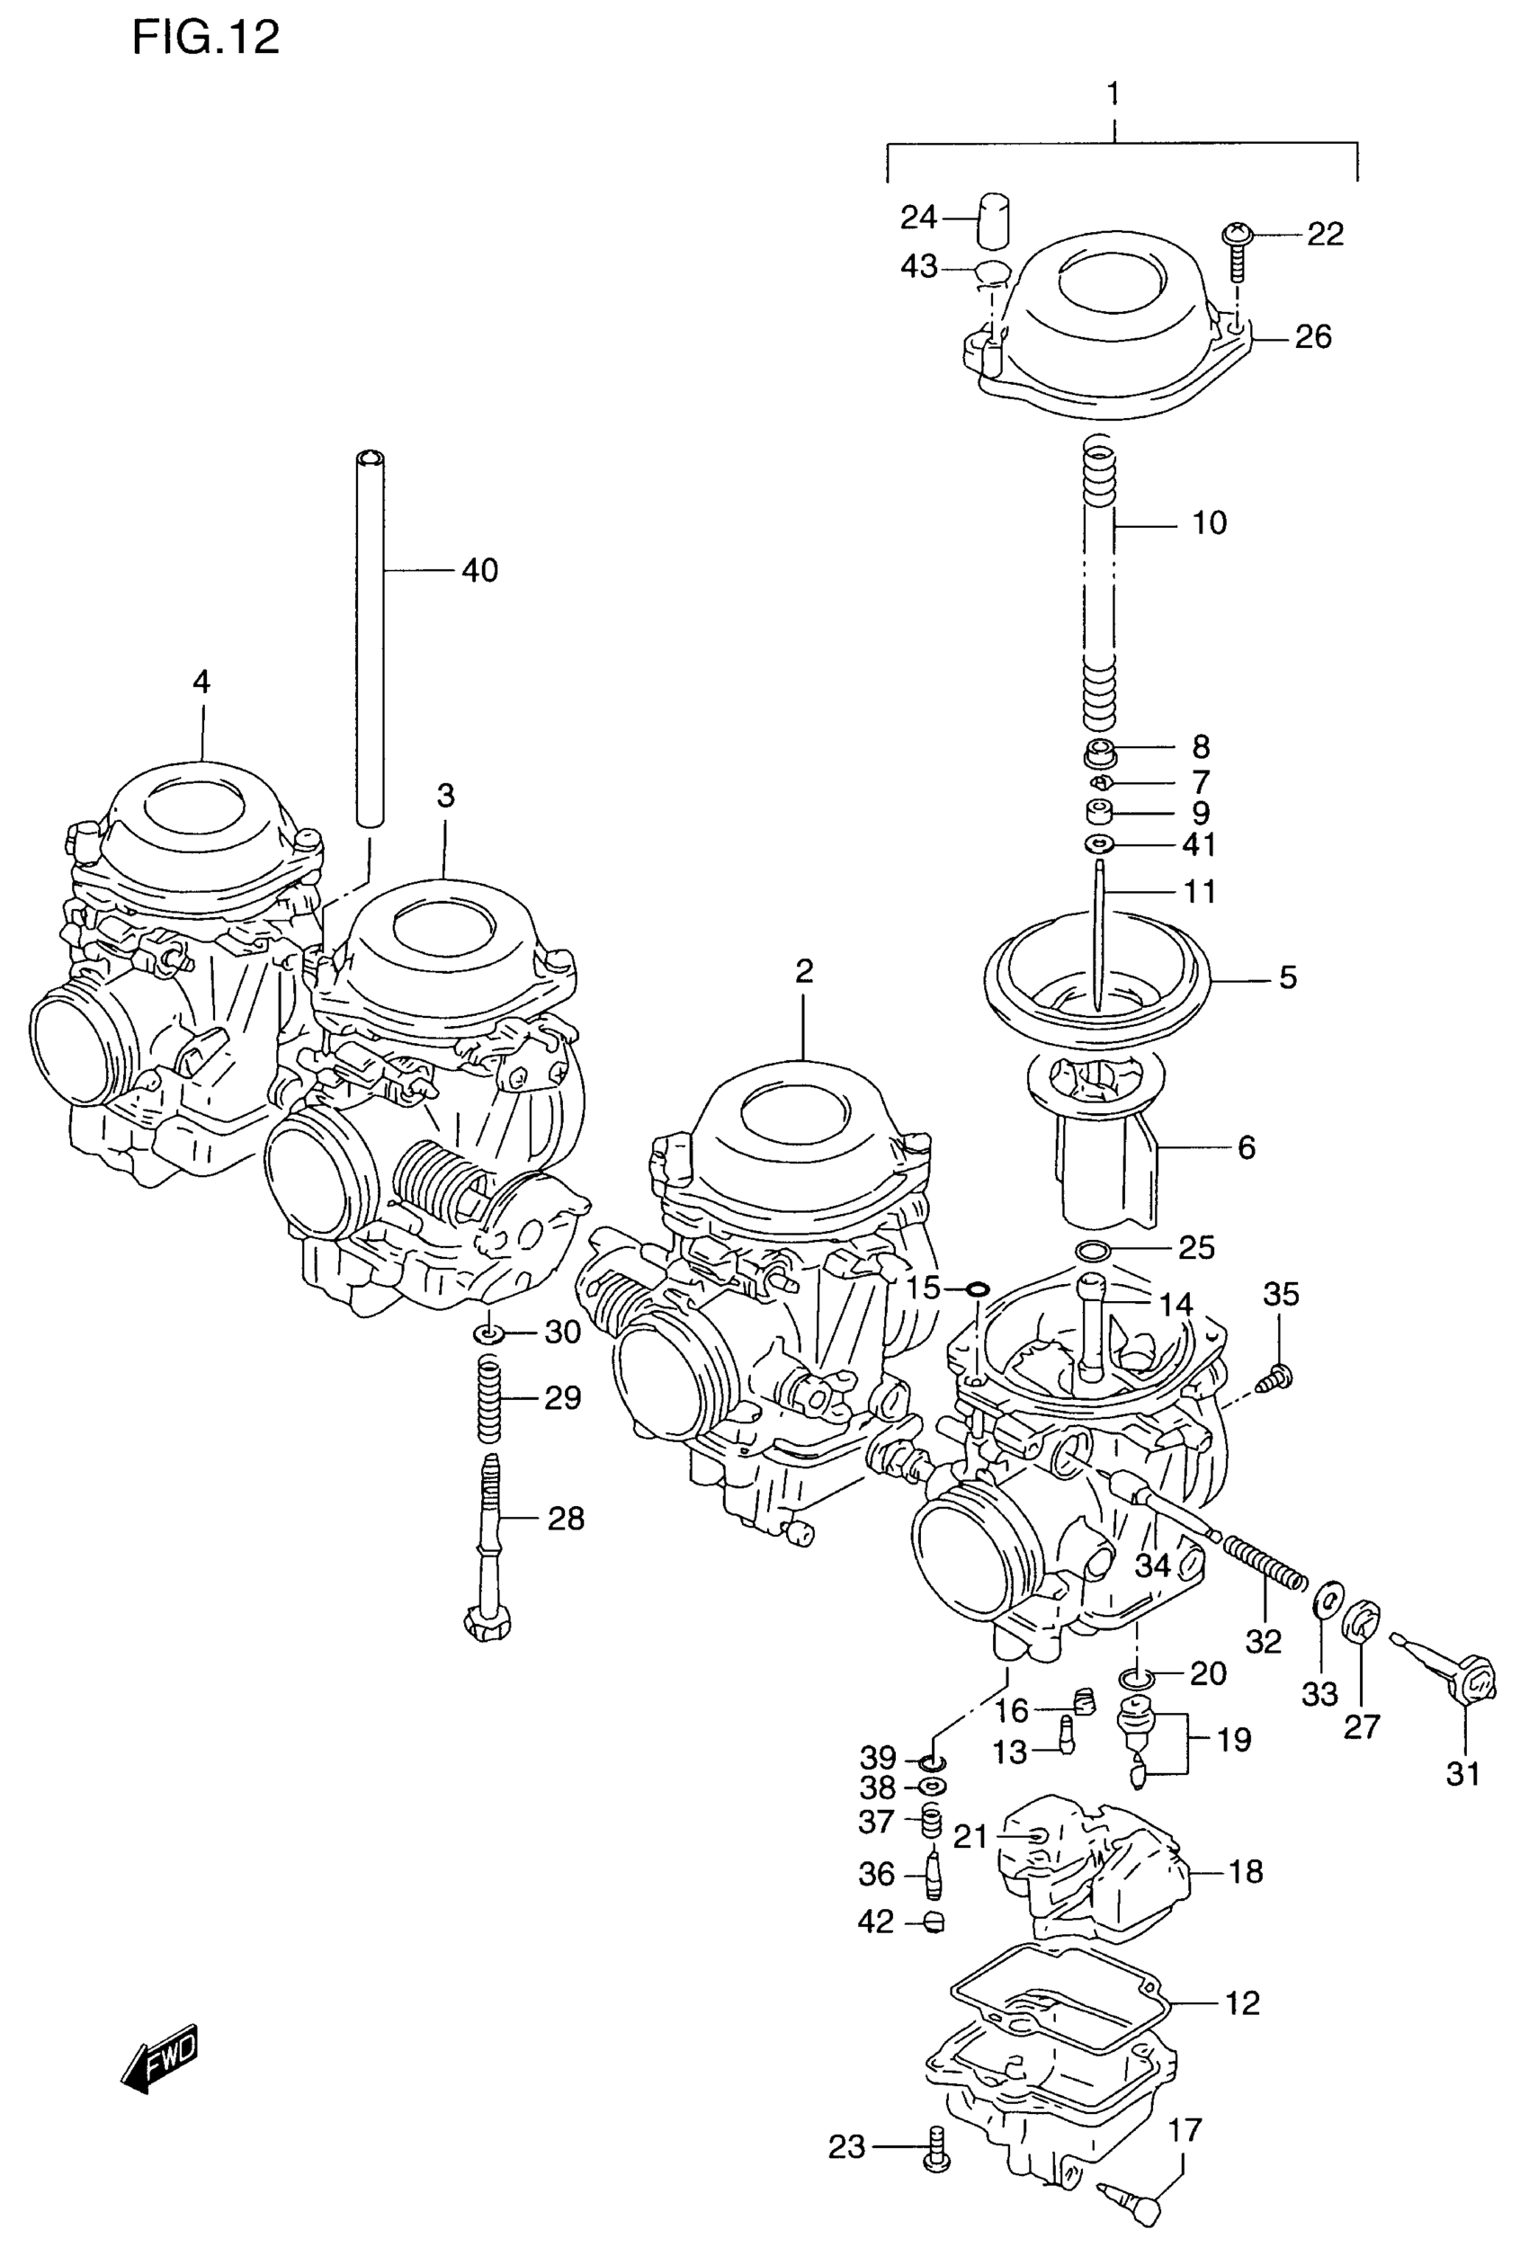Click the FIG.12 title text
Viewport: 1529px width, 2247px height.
[205, 38]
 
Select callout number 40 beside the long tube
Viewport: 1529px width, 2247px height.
[479, 570]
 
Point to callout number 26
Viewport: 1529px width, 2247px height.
[1312, 336]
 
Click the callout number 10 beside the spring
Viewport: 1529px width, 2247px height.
[1209, 523]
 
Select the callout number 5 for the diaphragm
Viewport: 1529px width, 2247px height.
[1287, 977]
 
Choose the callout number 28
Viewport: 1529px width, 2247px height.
[566, 1519]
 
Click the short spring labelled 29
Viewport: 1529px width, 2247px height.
[490, 1400]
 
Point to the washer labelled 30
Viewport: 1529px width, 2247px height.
[489, 1335]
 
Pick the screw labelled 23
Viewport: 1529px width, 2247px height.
[935, 2148]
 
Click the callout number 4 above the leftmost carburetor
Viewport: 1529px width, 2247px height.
[201, 682]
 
